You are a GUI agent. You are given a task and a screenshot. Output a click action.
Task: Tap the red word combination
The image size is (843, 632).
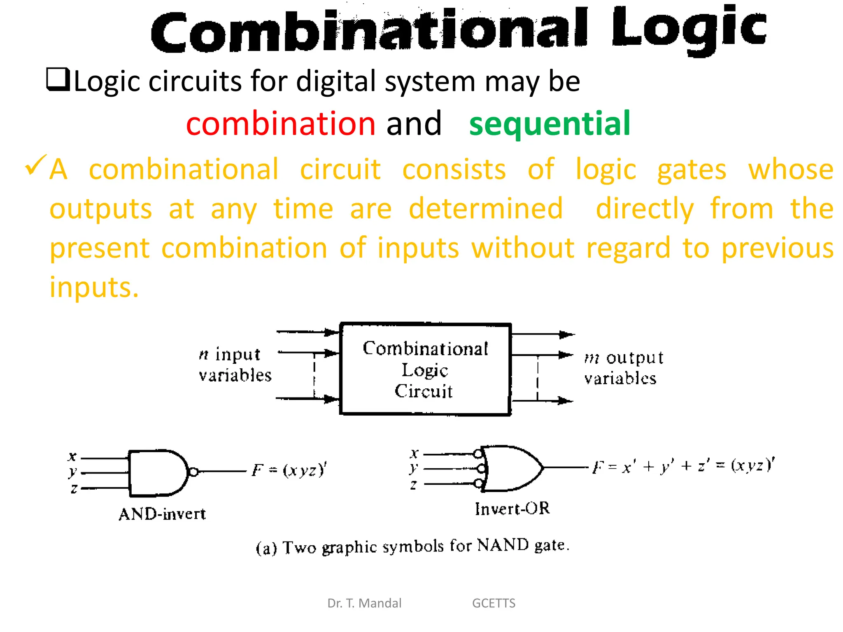tap(281, 123)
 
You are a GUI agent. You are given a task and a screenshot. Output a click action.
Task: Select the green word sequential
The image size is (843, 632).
tap(550, 123)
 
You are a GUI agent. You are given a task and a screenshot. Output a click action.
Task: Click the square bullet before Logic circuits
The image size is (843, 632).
tap(58, 79)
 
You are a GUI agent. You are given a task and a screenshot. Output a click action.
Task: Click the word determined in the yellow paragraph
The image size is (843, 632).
tap(486, 208)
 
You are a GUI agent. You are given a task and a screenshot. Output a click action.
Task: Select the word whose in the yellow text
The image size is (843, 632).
tap(791, 169)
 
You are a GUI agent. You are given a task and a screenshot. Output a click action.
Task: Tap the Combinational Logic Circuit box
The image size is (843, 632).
tap(425, 369)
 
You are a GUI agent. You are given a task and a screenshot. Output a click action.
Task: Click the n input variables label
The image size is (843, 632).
tap(235, 365)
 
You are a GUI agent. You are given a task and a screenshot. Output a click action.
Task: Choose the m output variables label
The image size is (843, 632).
tap(623, 368)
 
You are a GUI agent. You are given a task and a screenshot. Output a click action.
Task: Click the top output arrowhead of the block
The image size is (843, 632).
tap(567, 335)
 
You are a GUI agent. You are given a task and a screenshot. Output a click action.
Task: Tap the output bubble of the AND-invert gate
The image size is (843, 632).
tap(194, 472)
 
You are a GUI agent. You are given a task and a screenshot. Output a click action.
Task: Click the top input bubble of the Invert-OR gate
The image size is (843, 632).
tap(478, 454)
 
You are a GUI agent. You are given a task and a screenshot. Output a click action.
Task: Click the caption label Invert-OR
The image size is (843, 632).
tap(512, 509)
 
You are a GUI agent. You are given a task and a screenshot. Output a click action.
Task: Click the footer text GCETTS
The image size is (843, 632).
tap(494, 603)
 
